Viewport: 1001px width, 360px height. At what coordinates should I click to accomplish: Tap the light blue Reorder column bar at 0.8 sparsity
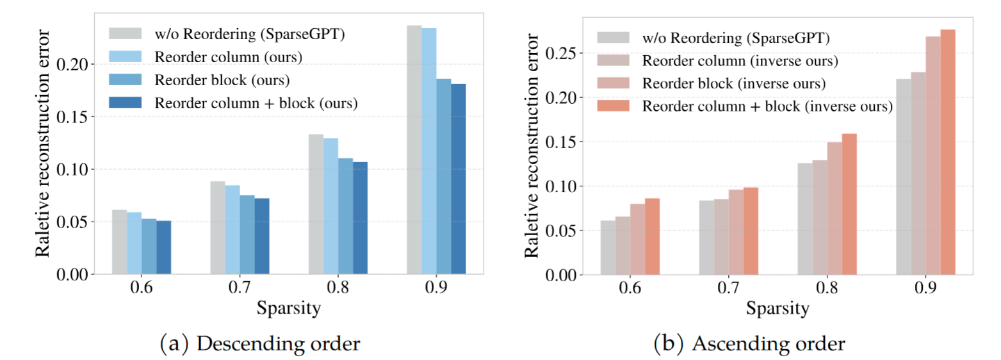[330, 206]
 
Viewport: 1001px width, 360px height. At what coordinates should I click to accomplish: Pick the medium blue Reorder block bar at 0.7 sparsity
[247, 234]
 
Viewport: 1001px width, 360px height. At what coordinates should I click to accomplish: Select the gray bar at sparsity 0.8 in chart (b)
[805, 219]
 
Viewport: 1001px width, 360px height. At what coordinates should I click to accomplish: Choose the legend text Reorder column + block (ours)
[256, 102]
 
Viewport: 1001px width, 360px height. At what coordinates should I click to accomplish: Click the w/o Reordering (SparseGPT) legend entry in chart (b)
[736, 38]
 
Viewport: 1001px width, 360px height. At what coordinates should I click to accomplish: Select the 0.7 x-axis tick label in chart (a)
[240, 289]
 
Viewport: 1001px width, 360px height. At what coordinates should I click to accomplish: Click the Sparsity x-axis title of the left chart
[288, 309]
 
